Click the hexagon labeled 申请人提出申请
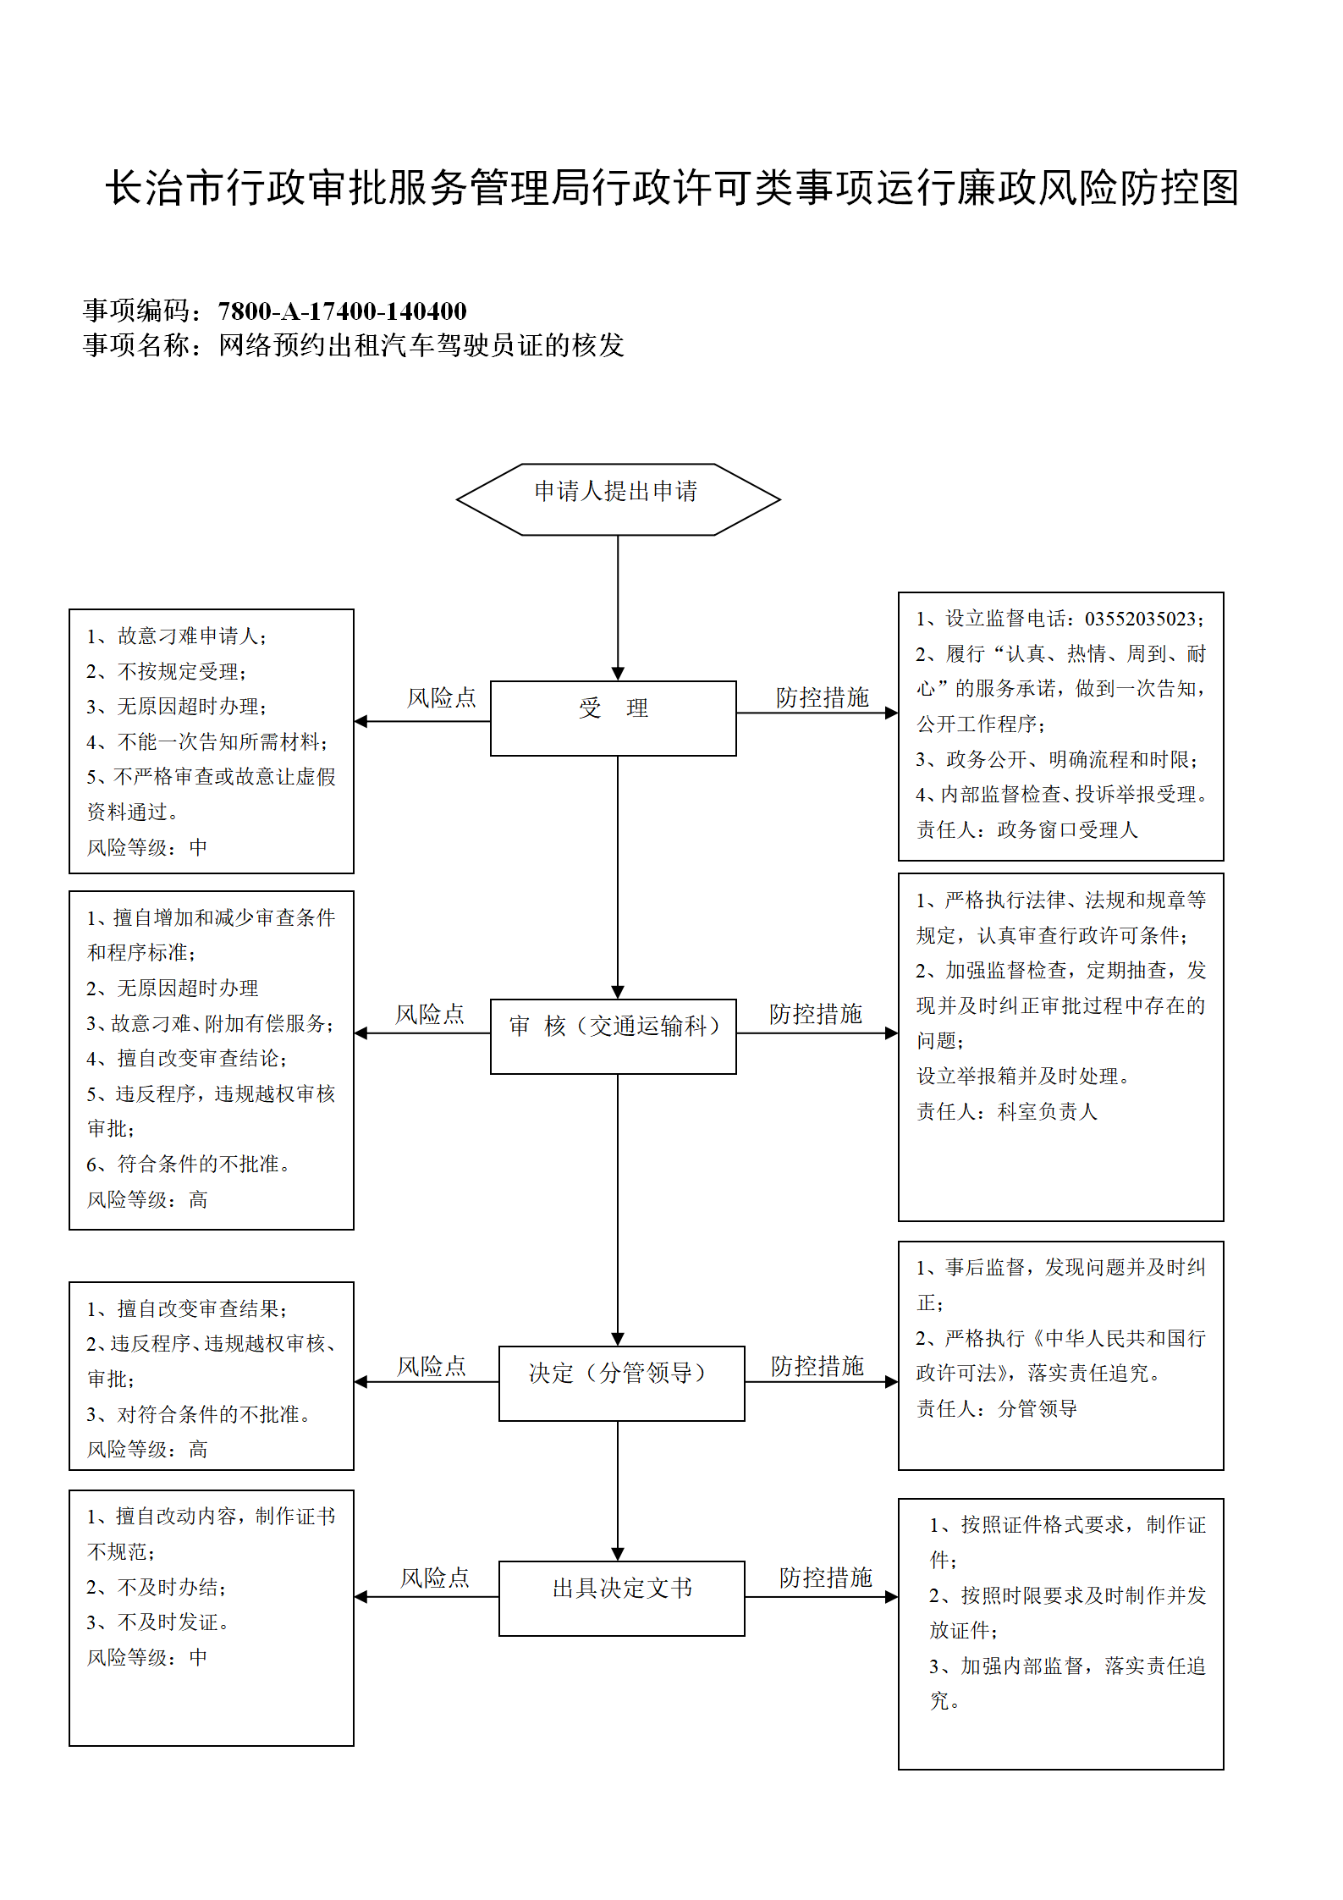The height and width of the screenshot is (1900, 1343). click(x=618, y=498)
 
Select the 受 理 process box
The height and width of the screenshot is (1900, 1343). click(x=614, y=718)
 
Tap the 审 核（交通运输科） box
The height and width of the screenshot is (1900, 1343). click(x=614, y=1036)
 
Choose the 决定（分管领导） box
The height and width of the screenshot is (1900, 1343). click(x=622, y=1383)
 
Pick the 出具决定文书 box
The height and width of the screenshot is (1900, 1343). click(x=622, y=1598)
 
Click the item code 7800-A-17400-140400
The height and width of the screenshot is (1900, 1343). click(x=343, y=311)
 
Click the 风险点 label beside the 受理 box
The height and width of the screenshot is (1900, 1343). click(x=442, y=697)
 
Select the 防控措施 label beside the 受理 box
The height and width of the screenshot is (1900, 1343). click(x=823, y=697)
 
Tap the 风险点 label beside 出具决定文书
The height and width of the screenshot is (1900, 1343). click(x=435, y=1578)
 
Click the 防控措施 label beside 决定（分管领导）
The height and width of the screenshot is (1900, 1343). click(x=817, y=1366)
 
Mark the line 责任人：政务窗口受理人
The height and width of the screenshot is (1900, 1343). click(x=1027, y=829)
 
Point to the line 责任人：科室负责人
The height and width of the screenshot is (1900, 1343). click(x=1007, y=1111)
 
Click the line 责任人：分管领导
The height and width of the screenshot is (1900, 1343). click(x=997, y=1408)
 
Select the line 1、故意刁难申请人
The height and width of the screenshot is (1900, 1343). click(x=177, y=636)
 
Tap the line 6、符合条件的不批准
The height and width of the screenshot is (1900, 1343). click(x=189, y=1164)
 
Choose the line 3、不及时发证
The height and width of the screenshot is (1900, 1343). click(x=158, y=1622)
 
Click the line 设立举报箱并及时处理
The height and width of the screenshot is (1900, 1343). click(x=1024, y=1076)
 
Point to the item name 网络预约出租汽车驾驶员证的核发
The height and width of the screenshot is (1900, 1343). click(x=421, y=345)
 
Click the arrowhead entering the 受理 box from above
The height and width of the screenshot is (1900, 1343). click(x=618, y=674)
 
